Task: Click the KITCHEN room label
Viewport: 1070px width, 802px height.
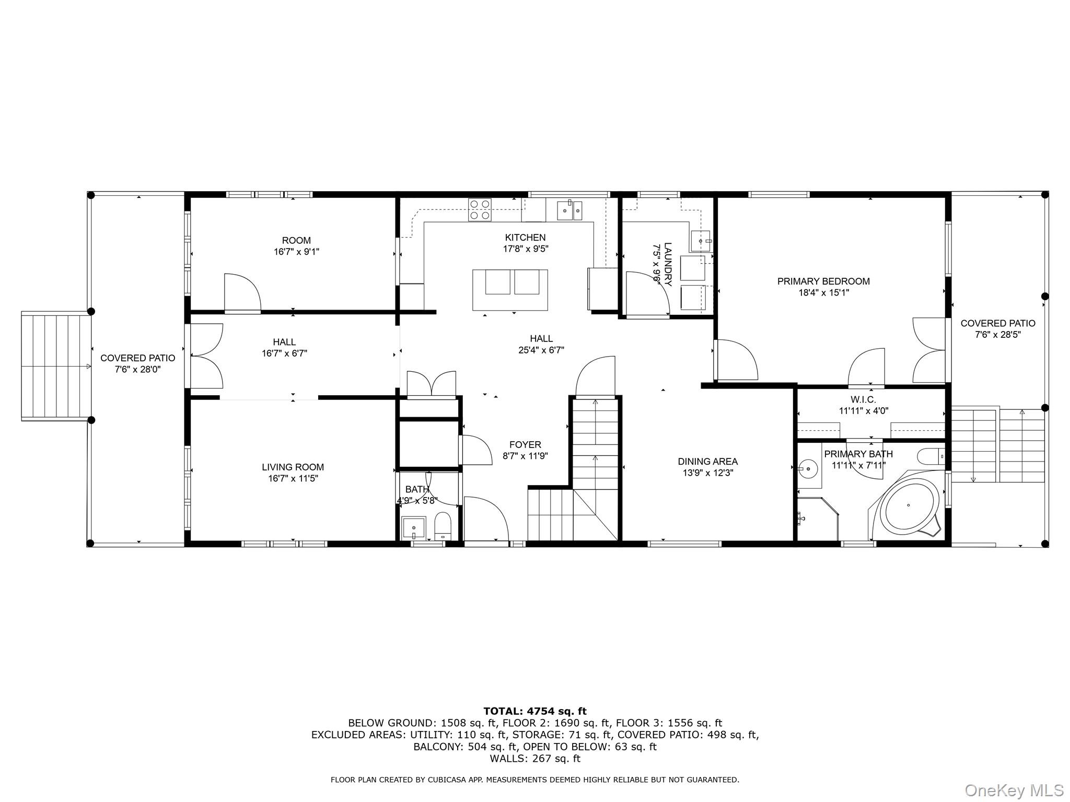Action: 525,238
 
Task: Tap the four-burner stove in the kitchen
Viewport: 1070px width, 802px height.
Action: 480,209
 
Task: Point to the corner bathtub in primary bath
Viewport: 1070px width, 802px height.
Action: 909,506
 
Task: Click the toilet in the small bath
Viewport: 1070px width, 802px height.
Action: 443,525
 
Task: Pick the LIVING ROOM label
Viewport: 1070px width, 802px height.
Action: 293,467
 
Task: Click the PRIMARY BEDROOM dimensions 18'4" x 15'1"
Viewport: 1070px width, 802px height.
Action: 823,293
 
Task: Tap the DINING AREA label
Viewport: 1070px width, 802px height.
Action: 707,462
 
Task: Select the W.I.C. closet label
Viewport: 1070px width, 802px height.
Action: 863,399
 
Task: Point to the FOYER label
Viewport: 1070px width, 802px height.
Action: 525,445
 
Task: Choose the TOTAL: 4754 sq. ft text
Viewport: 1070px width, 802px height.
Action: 534,711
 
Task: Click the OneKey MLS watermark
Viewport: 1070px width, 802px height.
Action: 1014,790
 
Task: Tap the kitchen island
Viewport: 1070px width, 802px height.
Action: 510,290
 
